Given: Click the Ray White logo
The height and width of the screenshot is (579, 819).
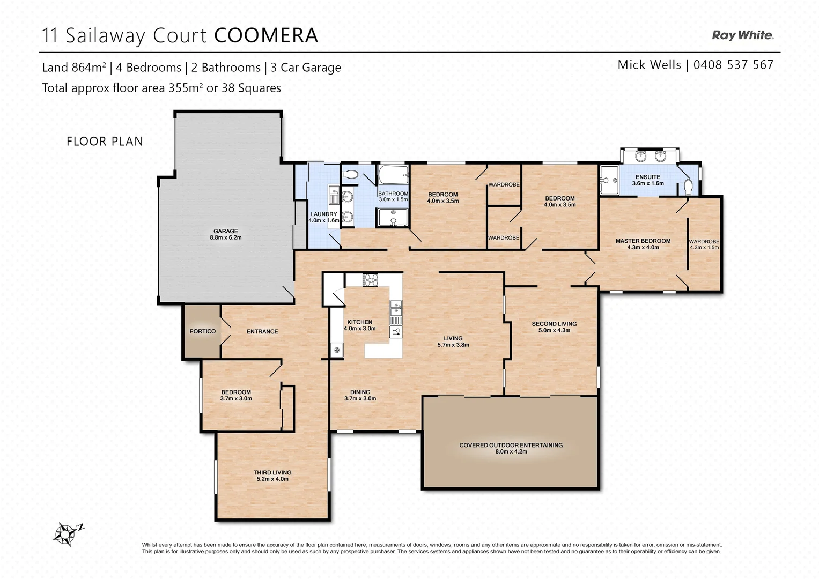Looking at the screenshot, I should point(742,35).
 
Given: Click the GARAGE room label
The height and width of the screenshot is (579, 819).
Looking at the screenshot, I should point(225,231).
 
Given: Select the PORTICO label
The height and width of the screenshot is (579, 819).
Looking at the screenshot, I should point(202,331).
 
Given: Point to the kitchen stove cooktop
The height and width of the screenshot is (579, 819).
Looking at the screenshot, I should point(371,280).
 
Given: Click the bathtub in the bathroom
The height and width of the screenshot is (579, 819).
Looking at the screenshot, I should point(393,175).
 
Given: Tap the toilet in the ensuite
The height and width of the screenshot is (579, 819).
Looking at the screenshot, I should point(689,187).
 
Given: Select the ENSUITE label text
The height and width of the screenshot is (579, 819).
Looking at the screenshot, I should point(647,177).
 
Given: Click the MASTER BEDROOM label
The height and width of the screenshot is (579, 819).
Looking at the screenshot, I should point(643,241).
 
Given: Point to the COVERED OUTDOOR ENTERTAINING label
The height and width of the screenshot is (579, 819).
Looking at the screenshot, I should point(511,445).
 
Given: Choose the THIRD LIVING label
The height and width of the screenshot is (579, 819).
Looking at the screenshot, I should point(272,473).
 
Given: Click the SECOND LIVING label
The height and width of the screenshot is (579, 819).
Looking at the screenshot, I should point(554,324).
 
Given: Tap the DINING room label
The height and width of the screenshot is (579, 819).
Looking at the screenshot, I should point(360,392).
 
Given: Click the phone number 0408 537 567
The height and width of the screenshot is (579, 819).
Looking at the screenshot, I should point(733,65).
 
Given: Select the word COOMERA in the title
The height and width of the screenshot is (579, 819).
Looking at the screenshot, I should point(266,36).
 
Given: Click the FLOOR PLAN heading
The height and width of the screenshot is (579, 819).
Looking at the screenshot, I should point(105,142).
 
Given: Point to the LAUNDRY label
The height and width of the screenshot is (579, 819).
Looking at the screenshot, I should point(323,214).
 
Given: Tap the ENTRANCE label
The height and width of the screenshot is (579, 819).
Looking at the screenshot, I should point(262,331).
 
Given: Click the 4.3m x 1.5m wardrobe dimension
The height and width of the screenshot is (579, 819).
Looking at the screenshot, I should point(704,248).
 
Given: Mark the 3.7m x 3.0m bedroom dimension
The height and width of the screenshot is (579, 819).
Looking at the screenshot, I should point(236,399).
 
